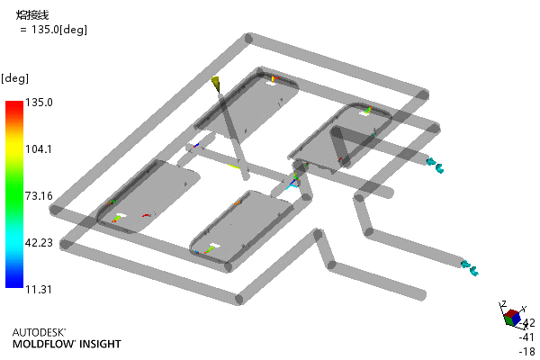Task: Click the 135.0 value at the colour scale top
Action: coord(39,103)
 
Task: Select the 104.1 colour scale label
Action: coord(39,149)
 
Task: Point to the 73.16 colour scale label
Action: coord(39,196)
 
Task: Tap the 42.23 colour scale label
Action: coord(39,243)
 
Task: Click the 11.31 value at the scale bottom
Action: coord(39,290)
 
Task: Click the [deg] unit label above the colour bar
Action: coord(14,78)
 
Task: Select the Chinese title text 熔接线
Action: coord(32,14)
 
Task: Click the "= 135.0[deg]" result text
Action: coord(53,30)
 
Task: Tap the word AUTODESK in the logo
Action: coord(39,332)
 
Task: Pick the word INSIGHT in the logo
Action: coord(100,344)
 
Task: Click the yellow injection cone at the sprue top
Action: coord(216,85)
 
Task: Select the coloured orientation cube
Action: coord(512,318)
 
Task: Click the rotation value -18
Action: coord(526,351)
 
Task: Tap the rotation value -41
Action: coord(526,337)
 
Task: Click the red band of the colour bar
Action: coord(14,109)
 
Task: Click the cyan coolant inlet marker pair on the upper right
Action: coord(436,166)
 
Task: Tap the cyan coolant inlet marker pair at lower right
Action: coord(470,268)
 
